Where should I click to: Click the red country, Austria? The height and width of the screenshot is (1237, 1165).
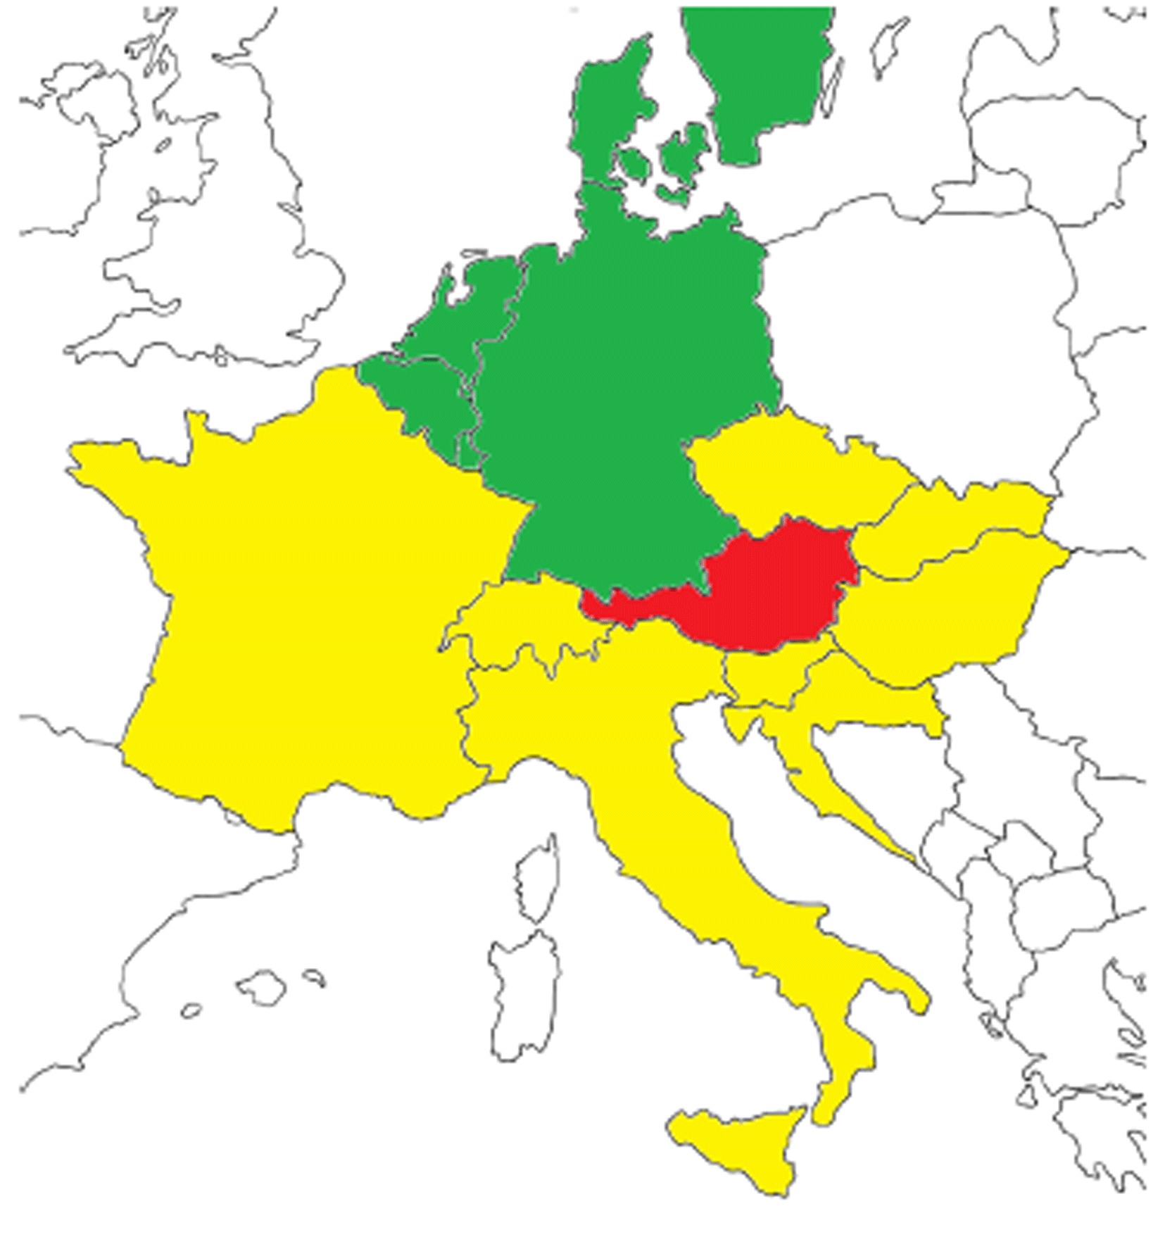pos(774,591)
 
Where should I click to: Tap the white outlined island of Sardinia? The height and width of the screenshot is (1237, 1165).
pos(524,993)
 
